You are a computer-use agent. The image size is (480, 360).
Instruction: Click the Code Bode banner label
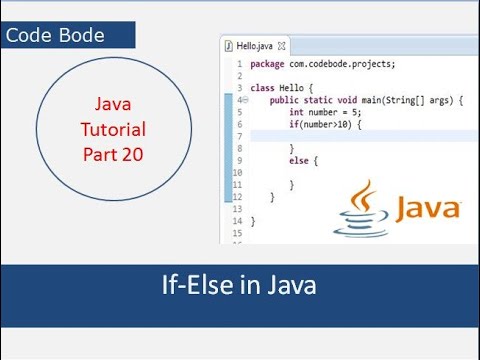coord(55,35)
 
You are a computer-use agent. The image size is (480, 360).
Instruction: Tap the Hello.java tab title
coord(254,46)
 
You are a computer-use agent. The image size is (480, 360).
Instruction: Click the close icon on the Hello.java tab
coord(282,46)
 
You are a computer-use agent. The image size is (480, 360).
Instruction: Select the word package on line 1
coord(267,64)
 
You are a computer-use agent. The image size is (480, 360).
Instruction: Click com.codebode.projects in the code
coord(342,64)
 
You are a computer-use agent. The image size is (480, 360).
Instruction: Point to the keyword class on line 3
coord(262,88)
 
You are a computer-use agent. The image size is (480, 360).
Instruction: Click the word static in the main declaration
coord(318,100)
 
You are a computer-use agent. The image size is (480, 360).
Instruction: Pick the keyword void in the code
coord(347,100)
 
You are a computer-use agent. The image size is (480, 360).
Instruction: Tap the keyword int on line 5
coord(296,112)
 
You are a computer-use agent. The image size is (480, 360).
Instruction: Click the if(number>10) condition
coord(320,124)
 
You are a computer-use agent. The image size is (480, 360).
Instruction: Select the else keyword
coord(299,161)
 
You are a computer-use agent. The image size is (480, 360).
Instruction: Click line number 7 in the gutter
coord(239,136)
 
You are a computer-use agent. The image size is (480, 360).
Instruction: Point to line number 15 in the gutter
coord(237,233)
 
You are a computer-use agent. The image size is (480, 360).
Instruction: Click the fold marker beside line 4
coord(246,100)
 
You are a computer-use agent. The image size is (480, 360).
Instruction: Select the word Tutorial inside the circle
coord(113,129)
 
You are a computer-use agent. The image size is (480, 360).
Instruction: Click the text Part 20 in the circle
coord(113,154)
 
